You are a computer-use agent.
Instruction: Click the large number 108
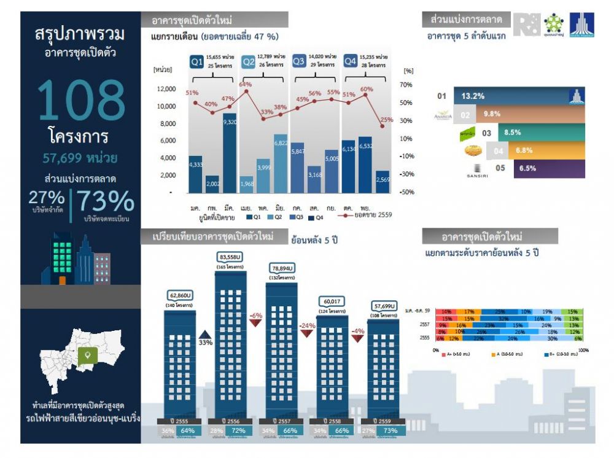coord(81,99)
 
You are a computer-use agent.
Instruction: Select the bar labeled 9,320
coord(230,153)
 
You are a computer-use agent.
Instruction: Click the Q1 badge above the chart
coord(196,61)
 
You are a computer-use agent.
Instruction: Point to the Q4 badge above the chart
coord(350,61)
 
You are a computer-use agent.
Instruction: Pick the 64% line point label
coord(246,84)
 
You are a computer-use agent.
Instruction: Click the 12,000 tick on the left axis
coord(165,89)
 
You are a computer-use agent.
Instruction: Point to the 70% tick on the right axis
coord(406,85)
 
